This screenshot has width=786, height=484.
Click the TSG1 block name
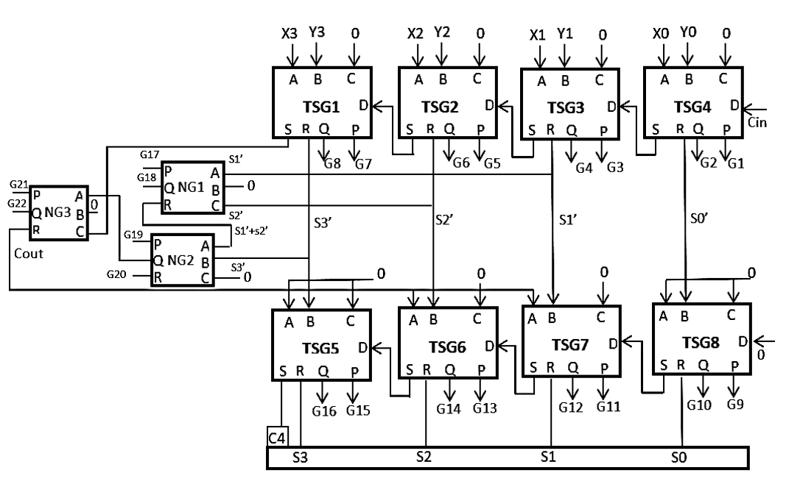point(321,107)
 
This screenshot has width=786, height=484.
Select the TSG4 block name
point(692,107)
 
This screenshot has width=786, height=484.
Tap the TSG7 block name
point(570,345)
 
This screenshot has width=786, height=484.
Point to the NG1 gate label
point(191,188)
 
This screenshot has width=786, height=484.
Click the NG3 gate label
point(57,213)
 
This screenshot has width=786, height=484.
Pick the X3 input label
point(290,34)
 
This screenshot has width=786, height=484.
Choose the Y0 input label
point(688,32)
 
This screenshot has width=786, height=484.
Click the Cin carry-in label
point(757,123)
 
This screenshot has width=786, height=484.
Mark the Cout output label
point(29,254)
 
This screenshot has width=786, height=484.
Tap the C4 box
point(277,437)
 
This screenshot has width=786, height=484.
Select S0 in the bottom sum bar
point(678,457)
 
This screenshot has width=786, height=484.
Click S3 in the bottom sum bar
point(300,457)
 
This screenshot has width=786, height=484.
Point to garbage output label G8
point(332,164)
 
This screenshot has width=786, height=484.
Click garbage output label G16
point(324,411)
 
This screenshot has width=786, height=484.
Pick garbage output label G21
point(19,184)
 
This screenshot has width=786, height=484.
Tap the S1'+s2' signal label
point(251,231)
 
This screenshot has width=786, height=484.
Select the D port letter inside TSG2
point(489,105)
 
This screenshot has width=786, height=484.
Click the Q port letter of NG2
point(158,260)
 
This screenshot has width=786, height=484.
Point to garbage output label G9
point(735,405)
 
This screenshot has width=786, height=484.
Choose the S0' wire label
point(699,218)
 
